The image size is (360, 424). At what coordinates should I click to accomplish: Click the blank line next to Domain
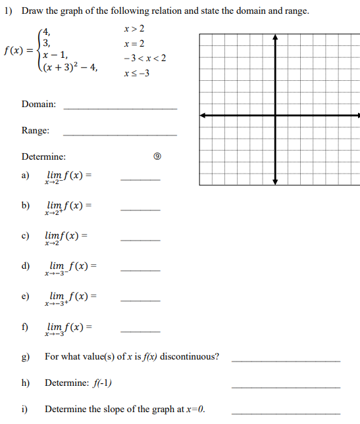click(x=120, y=107)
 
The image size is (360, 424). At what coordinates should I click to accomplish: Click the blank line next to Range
click(x=120, y=134)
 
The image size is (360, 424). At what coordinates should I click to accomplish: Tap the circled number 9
click(x=157, y=157)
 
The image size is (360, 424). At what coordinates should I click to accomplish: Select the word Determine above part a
click(x=43, y=157)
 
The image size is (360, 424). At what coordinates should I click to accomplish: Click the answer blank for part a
click(x=140, y=180)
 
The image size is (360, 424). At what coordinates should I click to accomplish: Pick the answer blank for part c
click(x=140, y=241)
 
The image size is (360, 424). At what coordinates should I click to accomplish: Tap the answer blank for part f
click(x=140, y=331)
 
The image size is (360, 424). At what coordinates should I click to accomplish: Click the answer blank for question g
click(x=286, y=361)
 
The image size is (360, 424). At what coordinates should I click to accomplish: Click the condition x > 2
click(x=134, y=29)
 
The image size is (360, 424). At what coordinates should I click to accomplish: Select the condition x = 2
click(x=134, y=43)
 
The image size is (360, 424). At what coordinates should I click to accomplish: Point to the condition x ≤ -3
click(x=136, y=73)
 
